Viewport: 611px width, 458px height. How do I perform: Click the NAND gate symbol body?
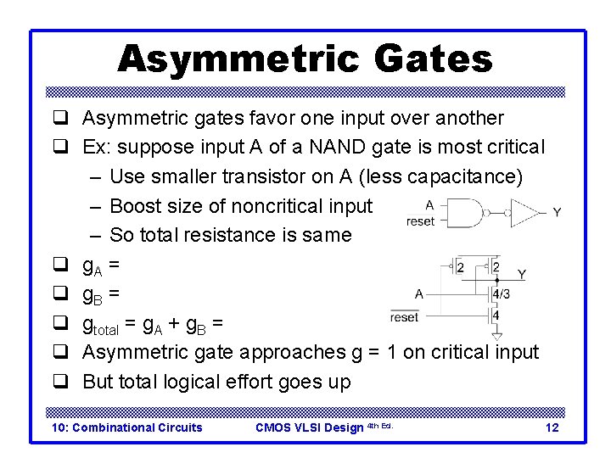[x=468, y=212]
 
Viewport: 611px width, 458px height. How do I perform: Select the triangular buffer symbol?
[x=525, y=212]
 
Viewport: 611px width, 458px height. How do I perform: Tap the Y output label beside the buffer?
[x=556, y=212]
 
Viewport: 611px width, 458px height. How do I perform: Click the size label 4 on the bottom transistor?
[x=496, y=316]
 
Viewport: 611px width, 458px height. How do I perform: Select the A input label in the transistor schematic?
[x=419, y=293]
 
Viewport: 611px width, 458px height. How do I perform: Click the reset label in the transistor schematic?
[x=404, y=316]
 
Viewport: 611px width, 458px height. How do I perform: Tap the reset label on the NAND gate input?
[x=421, y=221]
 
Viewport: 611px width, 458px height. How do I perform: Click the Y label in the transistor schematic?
[x=521, y=274]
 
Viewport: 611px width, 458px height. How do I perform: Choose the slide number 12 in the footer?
[x=552, y=427]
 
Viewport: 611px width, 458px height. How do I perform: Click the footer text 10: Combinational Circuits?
[x=127, y=427]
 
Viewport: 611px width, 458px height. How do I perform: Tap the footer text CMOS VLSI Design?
[x=310, y=427]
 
